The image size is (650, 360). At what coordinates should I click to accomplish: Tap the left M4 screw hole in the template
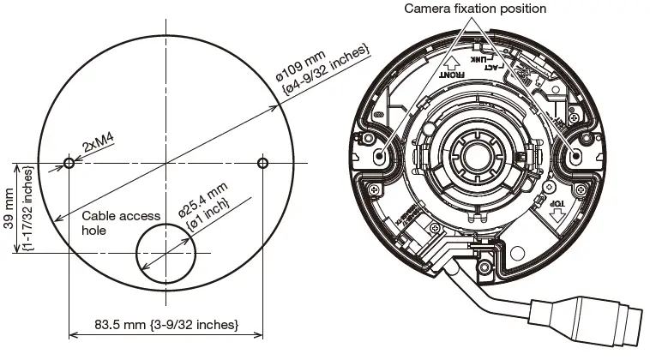point(69,162)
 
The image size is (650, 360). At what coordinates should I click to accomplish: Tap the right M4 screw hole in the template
point(262,162)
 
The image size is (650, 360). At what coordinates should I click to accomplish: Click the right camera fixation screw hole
point(575,154)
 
